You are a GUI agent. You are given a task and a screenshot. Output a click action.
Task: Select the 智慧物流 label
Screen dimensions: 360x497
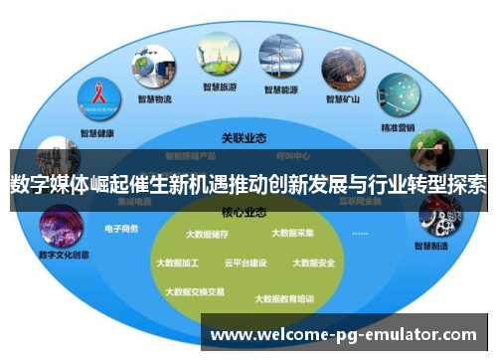[155, 99]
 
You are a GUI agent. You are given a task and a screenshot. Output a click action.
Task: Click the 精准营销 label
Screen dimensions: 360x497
[399, 127]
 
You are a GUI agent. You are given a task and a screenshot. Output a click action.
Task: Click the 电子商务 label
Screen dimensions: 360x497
[121, 229]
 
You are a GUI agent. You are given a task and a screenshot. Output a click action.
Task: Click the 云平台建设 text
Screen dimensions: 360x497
[246, 264]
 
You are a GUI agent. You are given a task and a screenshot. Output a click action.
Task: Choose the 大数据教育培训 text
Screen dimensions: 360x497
[284, 298]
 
